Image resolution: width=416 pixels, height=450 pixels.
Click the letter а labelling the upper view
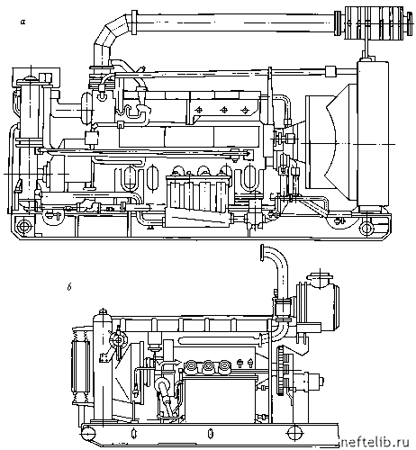pos(23,22)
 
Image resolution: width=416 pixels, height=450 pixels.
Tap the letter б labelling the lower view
pos(69,287)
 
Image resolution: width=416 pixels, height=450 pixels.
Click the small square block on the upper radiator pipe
pos(330,71)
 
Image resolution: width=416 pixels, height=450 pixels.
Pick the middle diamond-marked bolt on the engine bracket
pos(223,110)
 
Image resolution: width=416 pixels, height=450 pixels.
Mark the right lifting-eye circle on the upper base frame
pos(366,228)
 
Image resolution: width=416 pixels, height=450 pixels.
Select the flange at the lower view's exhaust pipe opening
pos(262,253)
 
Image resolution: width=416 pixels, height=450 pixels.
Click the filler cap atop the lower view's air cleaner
pos(321,276)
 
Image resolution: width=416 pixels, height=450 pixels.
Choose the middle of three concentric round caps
pos(208,366)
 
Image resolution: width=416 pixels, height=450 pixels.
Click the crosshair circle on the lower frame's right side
pos(294,433)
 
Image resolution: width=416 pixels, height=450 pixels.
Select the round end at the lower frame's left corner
pos(87,434)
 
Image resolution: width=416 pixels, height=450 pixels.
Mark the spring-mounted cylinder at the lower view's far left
pos(80,366)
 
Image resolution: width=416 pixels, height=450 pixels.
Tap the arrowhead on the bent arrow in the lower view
pos(177,363)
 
